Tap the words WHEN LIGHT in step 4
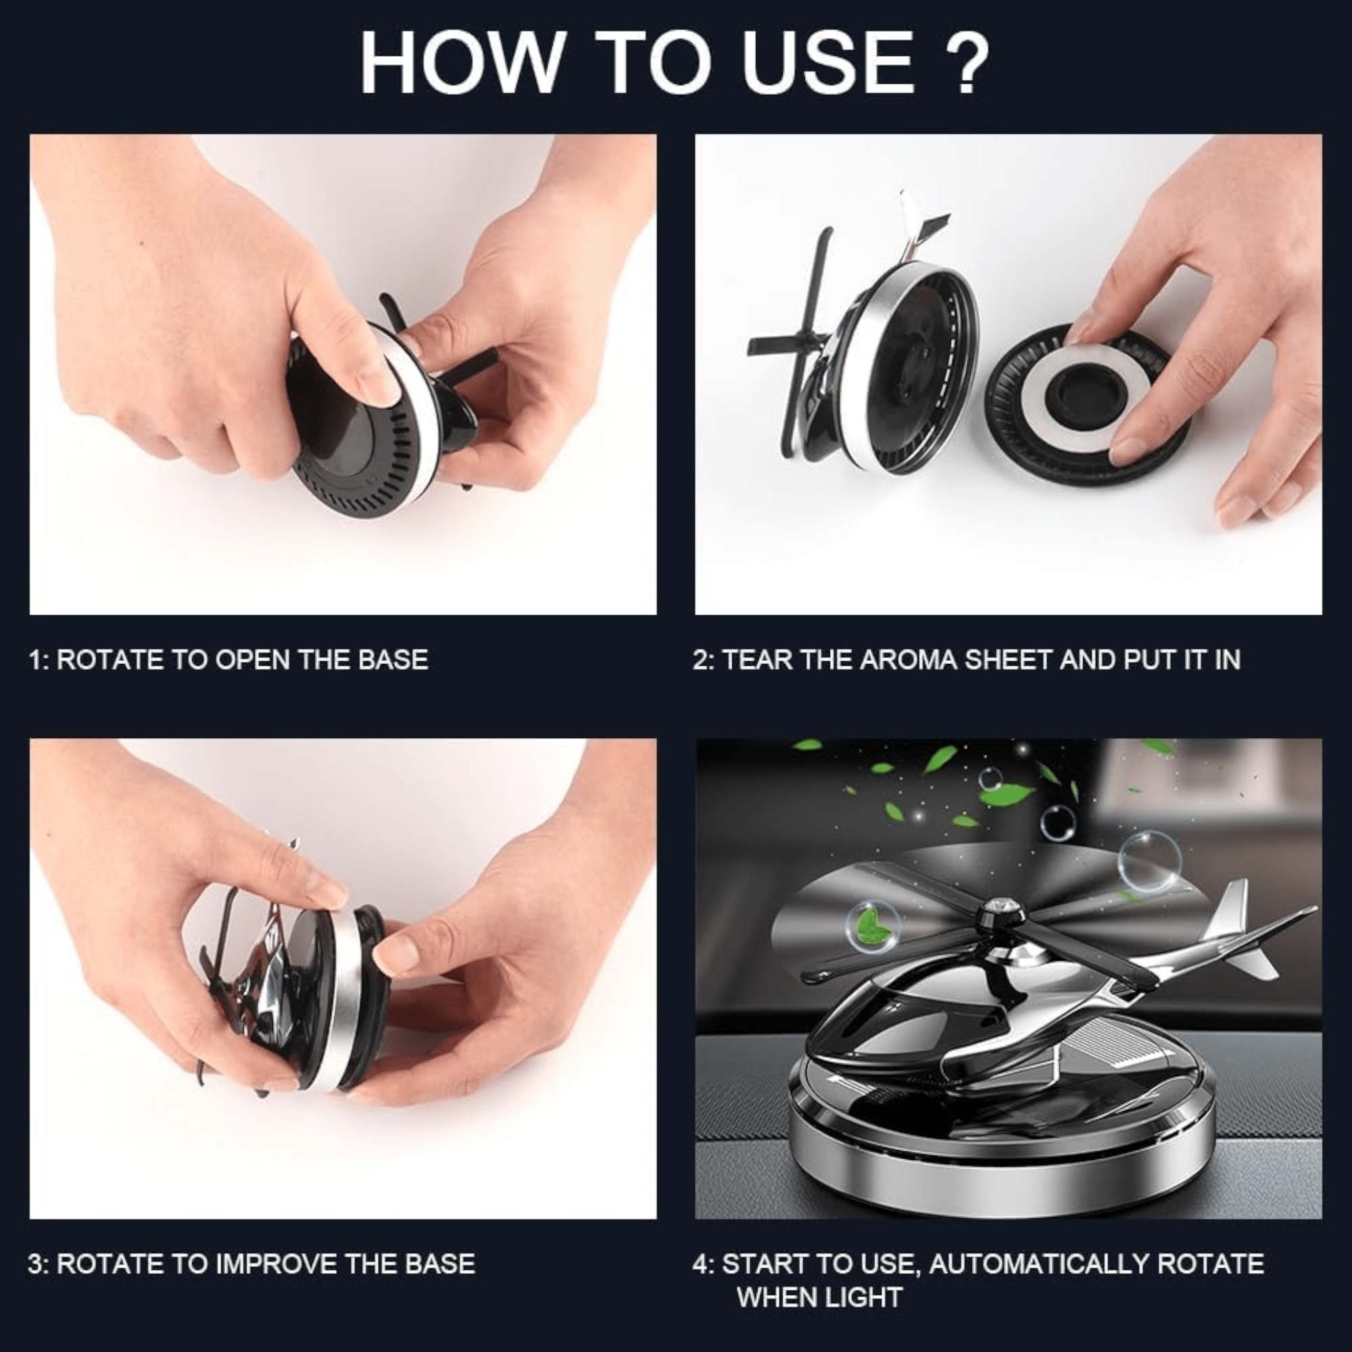pyautogui.click(x=819, y=1298)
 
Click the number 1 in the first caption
pyautogui.click(x=36, y=660)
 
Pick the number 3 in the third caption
pyautogui.click(x=37, y=1264)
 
